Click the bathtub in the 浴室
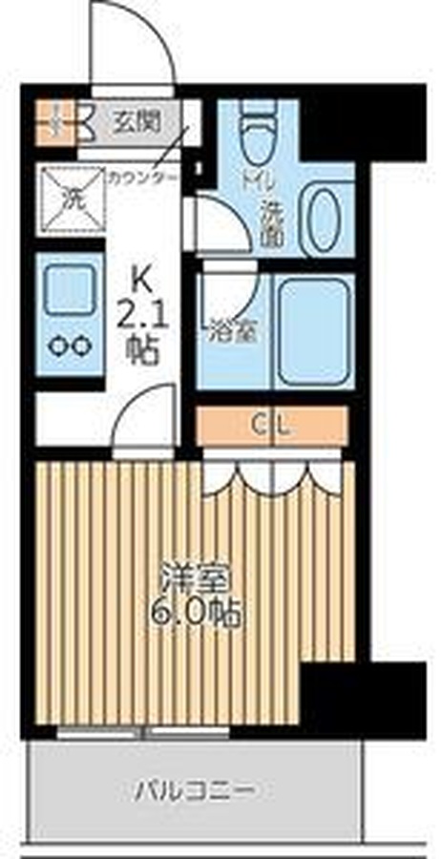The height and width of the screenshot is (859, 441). pyautogui.click(x=314, y=331)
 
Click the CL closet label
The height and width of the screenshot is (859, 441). pyautogui.click(x=271, y=425)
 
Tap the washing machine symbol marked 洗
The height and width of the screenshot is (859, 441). pyautogui.click(x=72, y=199)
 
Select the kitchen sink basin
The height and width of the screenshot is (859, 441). pyautogui.click(x=69, y=288)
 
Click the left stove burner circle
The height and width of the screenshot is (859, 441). pyautogui.click(x=56, y=346)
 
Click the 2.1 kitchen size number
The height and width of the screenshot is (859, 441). pyautogui.click(x=143, y=316)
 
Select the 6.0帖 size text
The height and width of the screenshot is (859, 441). pyautogui.click(x=196, y=615)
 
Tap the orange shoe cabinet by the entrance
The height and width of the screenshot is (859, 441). pyautogui.click(x=54, y=122)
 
